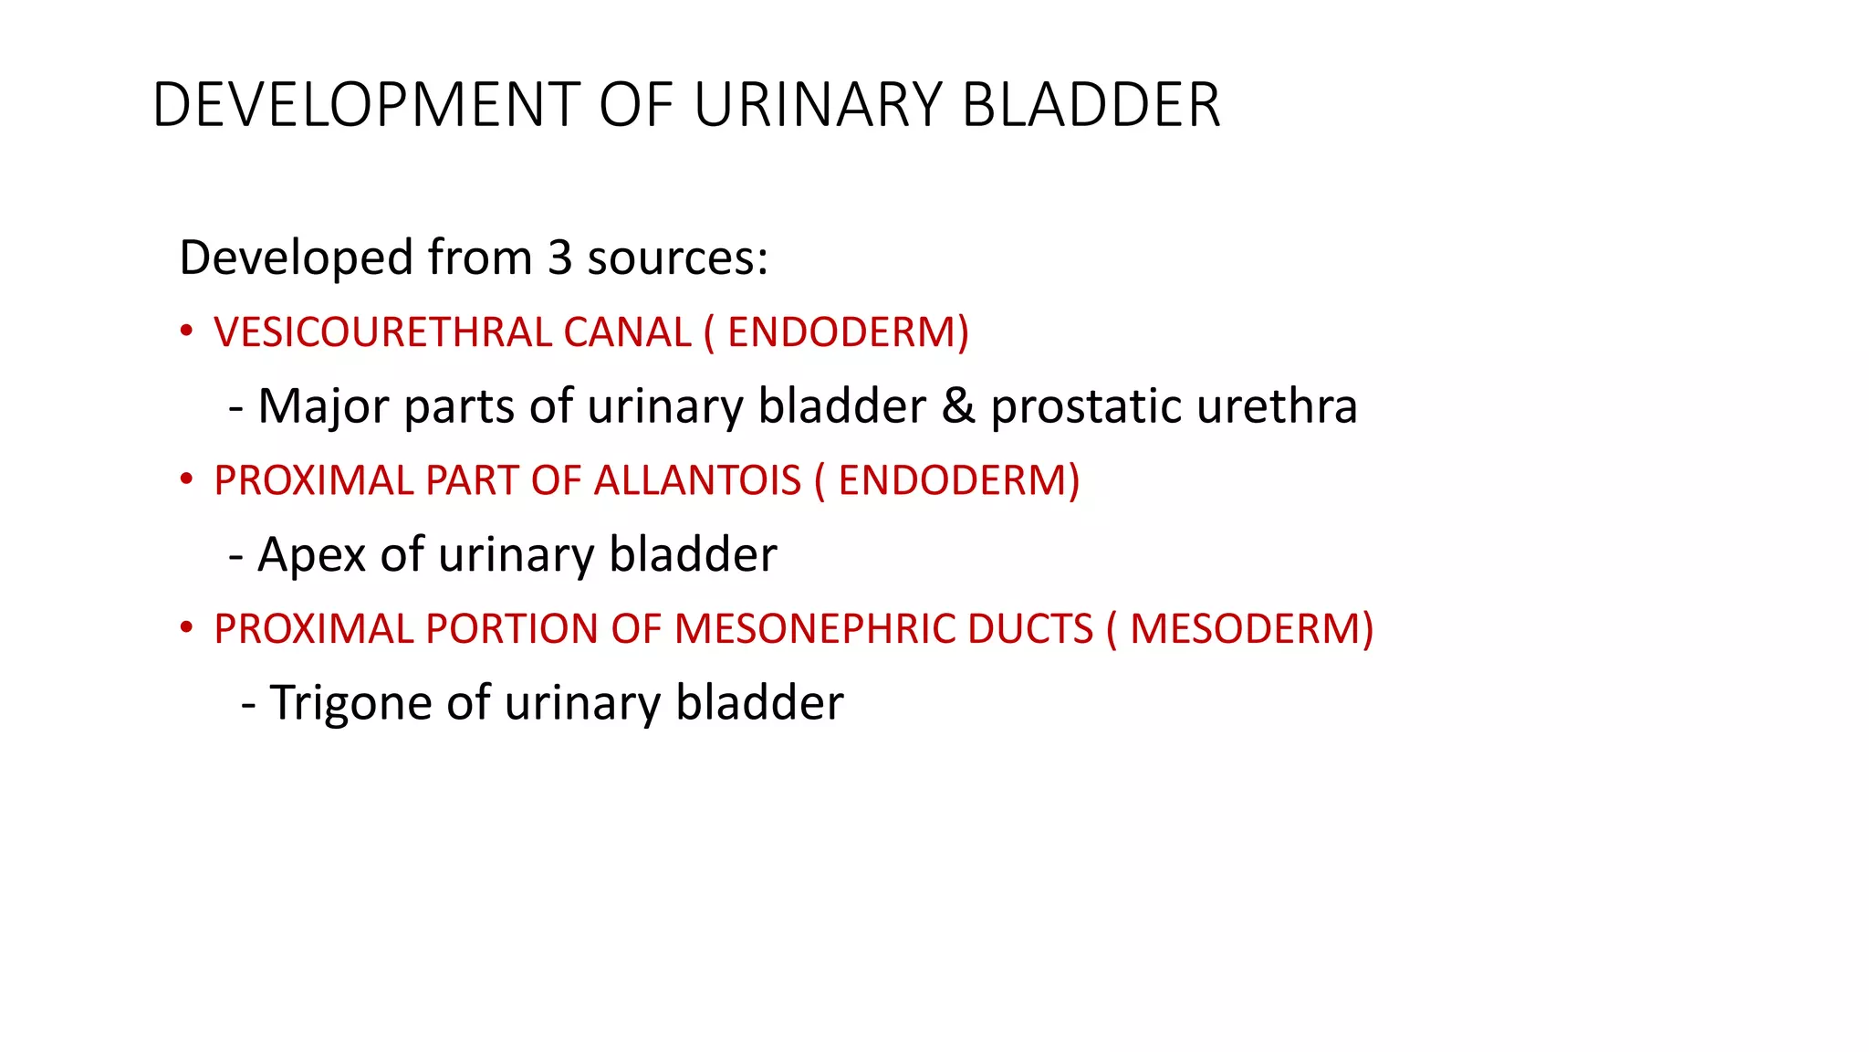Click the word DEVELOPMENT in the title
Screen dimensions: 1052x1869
366,105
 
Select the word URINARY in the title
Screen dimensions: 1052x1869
818,105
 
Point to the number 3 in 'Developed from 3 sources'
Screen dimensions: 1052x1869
559,258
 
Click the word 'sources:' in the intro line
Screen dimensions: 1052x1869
678,258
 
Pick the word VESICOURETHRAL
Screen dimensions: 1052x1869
383,332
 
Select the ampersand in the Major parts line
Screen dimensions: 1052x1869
958,406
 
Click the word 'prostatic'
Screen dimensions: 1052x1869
1086,406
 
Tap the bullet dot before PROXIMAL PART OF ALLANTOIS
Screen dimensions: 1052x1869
186,479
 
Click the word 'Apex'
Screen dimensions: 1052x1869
311,555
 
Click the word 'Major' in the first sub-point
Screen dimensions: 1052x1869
324,406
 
